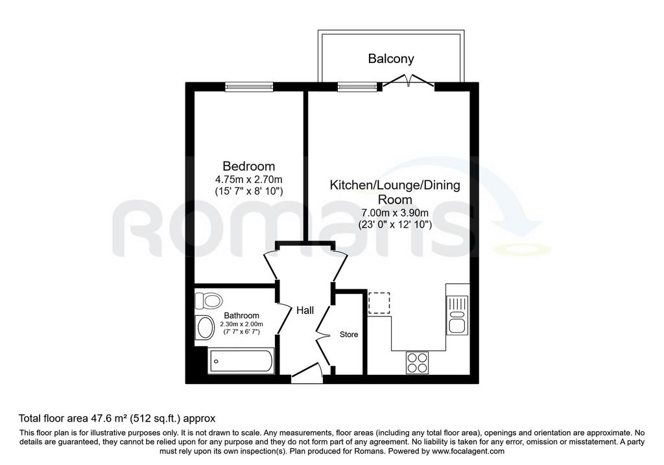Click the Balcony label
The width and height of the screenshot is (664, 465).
391,58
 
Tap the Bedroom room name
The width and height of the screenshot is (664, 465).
249,166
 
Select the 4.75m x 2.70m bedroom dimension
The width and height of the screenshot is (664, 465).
249,180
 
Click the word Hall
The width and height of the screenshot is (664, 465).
305,311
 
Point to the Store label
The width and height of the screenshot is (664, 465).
349,335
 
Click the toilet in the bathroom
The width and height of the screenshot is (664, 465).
208,301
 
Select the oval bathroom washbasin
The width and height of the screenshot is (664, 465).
206,328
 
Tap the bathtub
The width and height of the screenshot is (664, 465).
241,361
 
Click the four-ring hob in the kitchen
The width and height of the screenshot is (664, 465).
417,363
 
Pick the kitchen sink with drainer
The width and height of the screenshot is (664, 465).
457,315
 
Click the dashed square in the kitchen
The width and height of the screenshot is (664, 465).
379,303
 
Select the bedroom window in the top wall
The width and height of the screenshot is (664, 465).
249,87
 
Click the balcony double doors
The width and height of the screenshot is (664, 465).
409,81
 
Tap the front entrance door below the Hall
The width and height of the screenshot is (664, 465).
307,375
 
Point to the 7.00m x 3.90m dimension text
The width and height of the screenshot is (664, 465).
395,213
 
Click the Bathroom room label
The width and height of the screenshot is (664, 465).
241,315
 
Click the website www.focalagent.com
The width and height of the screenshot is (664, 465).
468,451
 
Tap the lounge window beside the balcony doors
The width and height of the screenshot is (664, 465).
357,87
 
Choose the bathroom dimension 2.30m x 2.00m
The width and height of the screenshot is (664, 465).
241,324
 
